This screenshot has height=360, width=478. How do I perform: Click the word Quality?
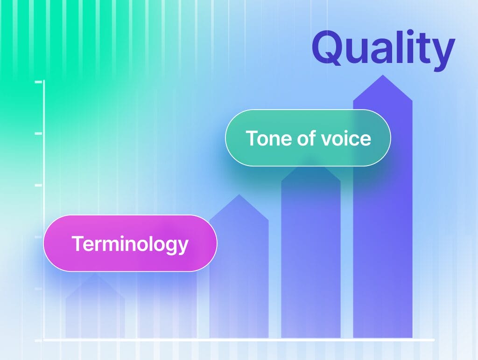(383, 49)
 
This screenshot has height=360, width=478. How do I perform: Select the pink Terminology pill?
(130, 243)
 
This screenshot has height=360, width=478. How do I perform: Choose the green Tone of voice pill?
(308, 138)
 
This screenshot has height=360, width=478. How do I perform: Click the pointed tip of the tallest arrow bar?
(383, 75)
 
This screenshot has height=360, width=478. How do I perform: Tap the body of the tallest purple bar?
(383, 219)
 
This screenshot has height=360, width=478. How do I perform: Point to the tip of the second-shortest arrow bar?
(239, 194)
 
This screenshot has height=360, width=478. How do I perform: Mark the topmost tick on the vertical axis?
(39, 82)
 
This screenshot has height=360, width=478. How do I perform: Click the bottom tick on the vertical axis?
(39, 340)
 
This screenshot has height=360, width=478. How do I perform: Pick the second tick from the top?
(39, 133)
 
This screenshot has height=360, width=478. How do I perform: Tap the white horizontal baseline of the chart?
(239, 340)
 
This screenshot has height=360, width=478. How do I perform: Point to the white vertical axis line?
(44, 210)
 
